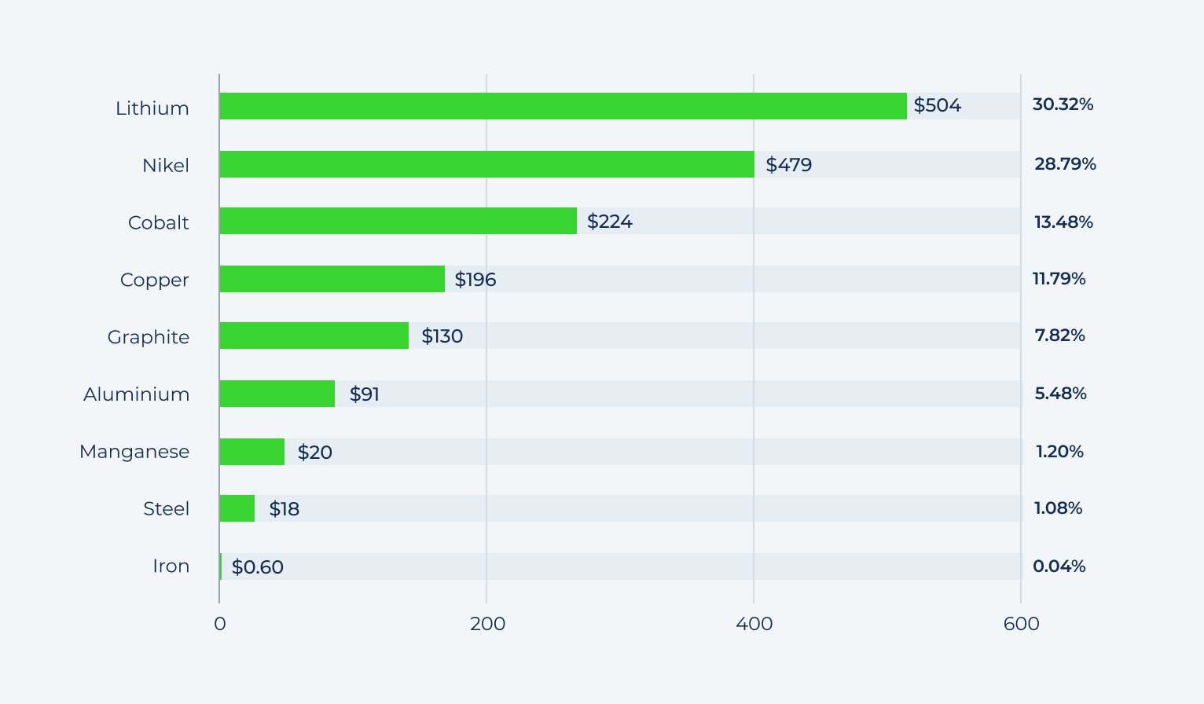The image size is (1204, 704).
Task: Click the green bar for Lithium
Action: pos(563,106)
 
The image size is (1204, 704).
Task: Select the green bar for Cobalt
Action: pos(398,221)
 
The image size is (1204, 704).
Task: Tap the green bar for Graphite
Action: pos(314,335)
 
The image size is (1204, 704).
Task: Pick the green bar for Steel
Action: pos(237,508)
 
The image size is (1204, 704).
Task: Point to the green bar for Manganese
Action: pos(251,452)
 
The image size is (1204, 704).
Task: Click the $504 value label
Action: pos(937,105)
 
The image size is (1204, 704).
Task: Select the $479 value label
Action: pos(788,164)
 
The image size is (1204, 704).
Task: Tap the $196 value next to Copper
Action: pos(475,280)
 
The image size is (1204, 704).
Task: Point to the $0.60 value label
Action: pos(257,566)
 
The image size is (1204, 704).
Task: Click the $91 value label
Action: pos(364,394)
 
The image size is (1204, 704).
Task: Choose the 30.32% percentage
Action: pos(1063,104)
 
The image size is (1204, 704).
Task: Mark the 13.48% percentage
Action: pos(1063,222)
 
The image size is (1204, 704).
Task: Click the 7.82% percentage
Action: pos(1059,335)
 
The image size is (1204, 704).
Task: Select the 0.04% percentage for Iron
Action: pos(1059,566)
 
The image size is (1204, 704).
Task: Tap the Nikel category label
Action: pos(166,166)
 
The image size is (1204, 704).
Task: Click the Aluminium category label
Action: pos(137,394)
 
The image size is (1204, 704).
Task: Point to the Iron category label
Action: pos(171,566)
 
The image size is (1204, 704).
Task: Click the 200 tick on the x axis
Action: pos(487,624)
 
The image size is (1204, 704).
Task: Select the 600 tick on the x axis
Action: pos(1021,624)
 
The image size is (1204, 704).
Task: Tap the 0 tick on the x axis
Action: pos(219,624)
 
